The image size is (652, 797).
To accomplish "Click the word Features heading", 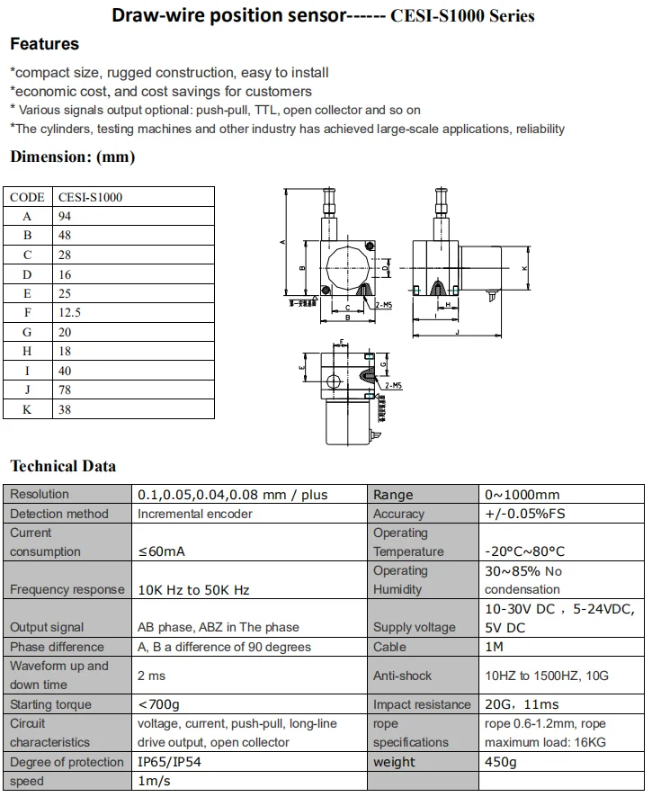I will click(44, 44).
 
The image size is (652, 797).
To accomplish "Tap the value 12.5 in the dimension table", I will click(69, 313).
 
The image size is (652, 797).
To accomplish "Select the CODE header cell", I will click(27, 197).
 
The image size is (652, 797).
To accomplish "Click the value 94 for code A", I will click(65, 216).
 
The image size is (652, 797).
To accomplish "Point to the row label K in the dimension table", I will click(27, 409).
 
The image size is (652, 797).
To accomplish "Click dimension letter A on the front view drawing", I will click(282, 242).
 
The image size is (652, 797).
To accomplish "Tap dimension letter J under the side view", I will click(458, 332).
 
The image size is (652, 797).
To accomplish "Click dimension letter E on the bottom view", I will click(302, 369).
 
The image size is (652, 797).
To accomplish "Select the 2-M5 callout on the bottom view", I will click(392, 385).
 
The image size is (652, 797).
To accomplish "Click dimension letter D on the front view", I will click(384, 267).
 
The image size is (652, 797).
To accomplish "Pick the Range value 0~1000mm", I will click(522, 494).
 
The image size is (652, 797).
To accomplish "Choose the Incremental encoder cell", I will click(195, 514).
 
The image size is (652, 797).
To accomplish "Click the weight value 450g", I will click(501, 762).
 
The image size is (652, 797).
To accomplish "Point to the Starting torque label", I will click(51, 704).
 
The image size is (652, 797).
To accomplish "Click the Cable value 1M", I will click(495, 647).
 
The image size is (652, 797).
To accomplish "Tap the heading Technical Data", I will click(63, 466).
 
